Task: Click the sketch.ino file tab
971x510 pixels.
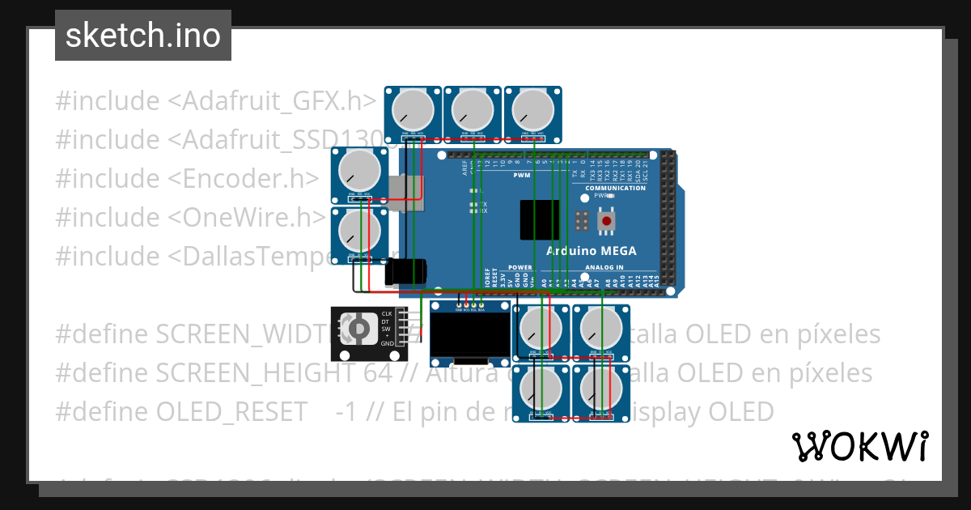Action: pyautogui.click(x=143, y=36)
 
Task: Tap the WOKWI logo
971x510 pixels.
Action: pyautogui.click(x=859, y=446)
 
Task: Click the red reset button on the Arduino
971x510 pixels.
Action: pyautogui.click(x=606, y=220)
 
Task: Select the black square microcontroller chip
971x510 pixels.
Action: pyautogui.click(x=540, y=220)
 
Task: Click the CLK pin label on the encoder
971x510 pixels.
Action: pyautogui.click(x=387, y=313)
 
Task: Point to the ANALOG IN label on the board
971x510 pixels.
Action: pyautogui.click(x=604, y=267)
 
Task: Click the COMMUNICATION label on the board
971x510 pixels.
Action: pyautogui.click(x=615, y=188)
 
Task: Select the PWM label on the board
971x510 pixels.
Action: pyautogui.click(x=521, y=175)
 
